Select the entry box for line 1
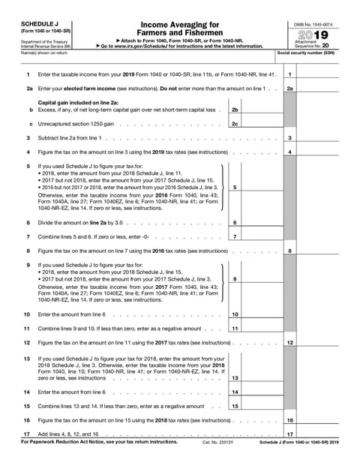click(x=322, y=75)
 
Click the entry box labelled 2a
click(x=322, y=89)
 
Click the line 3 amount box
click(x=322, y=138)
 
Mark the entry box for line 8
click(x=322, y=251)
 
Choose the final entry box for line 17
click(x=322, y=434)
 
